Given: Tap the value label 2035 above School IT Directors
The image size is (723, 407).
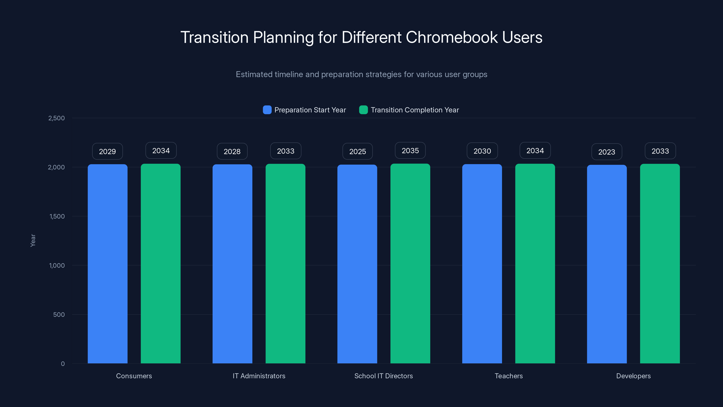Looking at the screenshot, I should point(410,151).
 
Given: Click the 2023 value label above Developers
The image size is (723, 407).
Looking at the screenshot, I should point(606,152).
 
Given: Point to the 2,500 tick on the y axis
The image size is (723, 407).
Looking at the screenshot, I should point(56,118).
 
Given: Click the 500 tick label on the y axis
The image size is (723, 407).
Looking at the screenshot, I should point(59,315).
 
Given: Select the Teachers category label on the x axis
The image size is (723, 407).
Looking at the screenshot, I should point(509,376).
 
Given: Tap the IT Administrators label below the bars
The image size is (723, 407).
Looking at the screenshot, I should point(259,376).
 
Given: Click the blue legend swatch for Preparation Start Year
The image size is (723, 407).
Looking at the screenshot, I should point(267,110).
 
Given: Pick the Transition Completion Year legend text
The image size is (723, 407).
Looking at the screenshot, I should point(415,110).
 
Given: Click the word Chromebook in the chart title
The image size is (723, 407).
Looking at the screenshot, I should point(452,37).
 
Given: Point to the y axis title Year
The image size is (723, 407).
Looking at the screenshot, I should point(33,240).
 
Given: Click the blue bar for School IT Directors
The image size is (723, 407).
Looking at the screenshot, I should point(357,264).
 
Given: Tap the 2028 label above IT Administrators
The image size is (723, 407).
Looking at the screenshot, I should point(232,151).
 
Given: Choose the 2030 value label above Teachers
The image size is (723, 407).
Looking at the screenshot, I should point(482,151).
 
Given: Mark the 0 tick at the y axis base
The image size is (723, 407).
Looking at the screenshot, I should point(63,364).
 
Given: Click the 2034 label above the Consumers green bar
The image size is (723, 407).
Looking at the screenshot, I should point(161,151).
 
